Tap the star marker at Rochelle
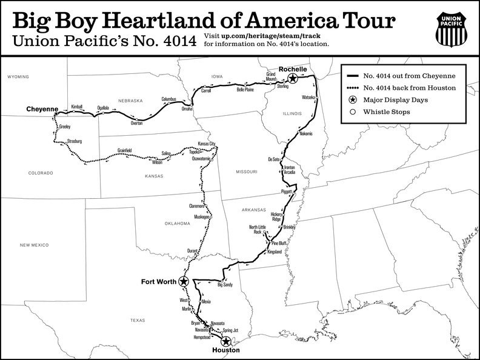[x=292, y=79]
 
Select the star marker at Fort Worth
[x=182, y=281]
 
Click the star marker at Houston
[x=225, y=341]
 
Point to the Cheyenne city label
[x=42, y=109]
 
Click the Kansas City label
[x=207, y=144]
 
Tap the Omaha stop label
[x=187, y=108]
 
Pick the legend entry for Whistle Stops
[x=387, y=112]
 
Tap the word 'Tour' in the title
[x=370, y=21]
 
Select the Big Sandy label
[x=224, y=284]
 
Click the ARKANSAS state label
[x=255, y=210]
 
